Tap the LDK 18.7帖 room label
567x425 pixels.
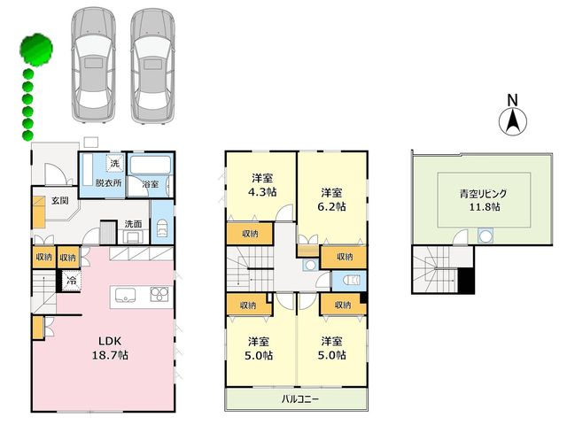click(110, 348)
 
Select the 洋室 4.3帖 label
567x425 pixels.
click(262, 185)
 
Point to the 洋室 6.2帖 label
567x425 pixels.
click(331, 199)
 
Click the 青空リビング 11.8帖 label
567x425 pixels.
click(485, 200)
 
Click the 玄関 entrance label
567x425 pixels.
click(59, 200)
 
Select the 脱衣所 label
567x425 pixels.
click(108, 183)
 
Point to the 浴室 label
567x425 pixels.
click(150, 184)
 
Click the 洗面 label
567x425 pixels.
click(133, 224)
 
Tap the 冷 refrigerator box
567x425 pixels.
click(71, 280)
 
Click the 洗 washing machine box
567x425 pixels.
click(114, 163)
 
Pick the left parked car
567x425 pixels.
click(93, 66)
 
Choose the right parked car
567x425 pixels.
click(153, 66)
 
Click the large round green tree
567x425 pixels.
click(36, 50)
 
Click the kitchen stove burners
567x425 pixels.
click(159, 294)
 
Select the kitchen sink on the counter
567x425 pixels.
click(125, 295)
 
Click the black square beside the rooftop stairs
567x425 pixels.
click(466, 281)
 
